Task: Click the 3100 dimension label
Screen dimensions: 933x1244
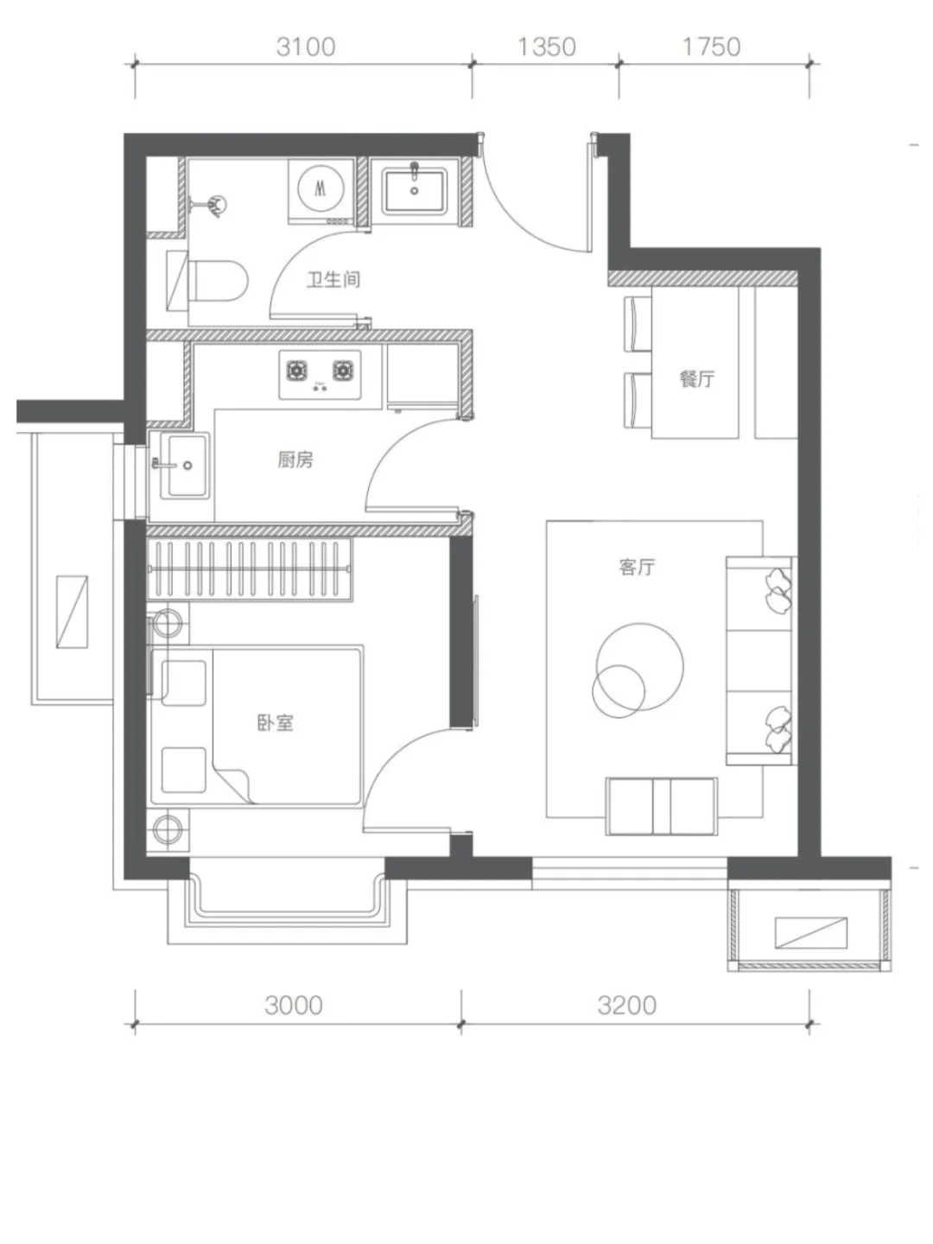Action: [306, 47]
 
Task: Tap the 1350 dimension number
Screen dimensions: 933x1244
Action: [547, 47]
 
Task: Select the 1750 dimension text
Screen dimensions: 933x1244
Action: [712, 47]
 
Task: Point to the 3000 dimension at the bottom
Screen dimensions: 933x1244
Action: [294, 1006]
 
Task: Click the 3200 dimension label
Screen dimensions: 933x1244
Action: [626, 1006]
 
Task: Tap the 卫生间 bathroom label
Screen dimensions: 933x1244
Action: [333, 279]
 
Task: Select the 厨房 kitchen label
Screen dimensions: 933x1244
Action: [295, 460]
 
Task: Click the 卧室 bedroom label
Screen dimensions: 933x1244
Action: [276, 723]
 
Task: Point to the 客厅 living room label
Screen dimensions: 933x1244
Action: [637, 567]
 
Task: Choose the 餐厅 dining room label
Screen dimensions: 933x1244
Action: [697, 378]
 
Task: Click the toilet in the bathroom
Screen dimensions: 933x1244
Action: [207, 281]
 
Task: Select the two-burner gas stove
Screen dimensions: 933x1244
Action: [320, 374]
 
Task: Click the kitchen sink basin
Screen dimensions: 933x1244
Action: [185, 466]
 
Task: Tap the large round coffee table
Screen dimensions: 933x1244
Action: [640, 666]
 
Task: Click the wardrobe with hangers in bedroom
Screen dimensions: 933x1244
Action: [250, 570]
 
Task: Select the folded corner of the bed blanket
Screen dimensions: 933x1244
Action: [233, 784]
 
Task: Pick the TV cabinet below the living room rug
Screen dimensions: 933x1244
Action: [661, 806]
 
